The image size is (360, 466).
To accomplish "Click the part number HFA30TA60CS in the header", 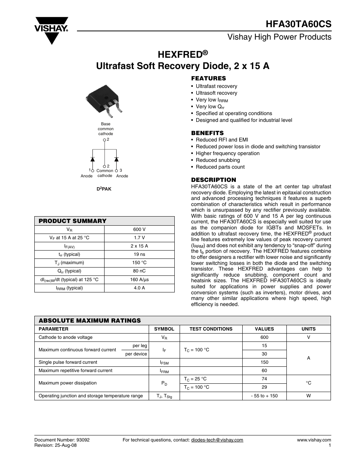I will pyautogui.click(x=298, y=24).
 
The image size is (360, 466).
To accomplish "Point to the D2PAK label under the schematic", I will pyautogui.click(x=105, y=189).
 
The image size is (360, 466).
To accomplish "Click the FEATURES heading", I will pyautogui.click(x=208, y=78).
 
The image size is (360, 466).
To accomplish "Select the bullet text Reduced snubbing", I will pyautogui.click(x=218, y=160).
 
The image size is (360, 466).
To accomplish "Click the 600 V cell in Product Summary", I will pyautogui.click(x=139, y=229).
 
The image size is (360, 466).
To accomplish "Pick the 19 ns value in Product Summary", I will pyautogui.click(x=139, y=254).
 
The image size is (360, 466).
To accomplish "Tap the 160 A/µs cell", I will pyautogui.click(x=139, y=280).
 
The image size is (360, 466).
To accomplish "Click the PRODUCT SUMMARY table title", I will pyautogui.click(x=72, y=221).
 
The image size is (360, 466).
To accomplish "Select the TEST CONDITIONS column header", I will pyautogui.click(x=211, y=329).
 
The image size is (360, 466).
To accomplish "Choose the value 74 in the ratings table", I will pyautogui.click(x=264, y=379).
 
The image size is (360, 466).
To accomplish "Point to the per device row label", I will pyautogui.click(x=136, y=354).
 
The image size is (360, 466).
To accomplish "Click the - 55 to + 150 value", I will pyautogui.click(x=264, y=396).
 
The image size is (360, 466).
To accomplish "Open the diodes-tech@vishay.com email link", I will pyautogui.click(x=217, y=440).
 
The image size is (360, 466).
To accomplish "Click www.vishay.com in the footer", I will pyautogui.click(x=314, y=440).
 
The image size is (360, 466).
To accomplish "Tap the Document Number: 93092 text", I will pyautogui.click(x=62, y=440).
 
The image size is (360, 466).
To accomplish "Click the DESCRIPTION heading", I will pyautogui.click(x=213, y=180).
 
